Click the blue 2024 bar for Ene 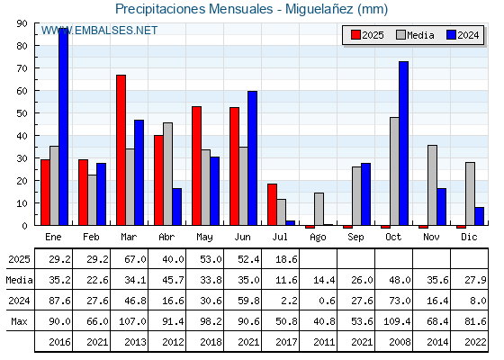(63, 127)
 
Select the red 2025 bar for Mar (121, 150)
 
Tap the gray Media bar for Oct (394, 171)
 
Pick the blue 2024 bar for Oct (404, 143)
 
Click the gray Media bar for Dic (470, 193)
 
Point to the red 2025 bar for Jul (272, 204)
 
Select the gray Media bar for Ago (319, 209)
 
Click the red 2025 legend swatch (355, 35)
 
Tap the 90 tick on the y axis (22, 23)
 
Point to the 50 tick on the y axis (22, 113)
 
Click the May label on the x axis (204, 238)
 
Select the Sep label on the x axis (355, 238)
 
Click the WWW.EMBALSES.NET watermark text (99, 31)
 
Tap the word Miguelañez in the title (319, 9)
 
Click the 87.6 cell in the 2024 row (59, 301)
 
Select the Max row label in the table (19, 321)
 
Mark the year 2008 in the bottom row (400, 342)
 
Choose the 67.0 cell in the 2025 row (135, 259)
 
